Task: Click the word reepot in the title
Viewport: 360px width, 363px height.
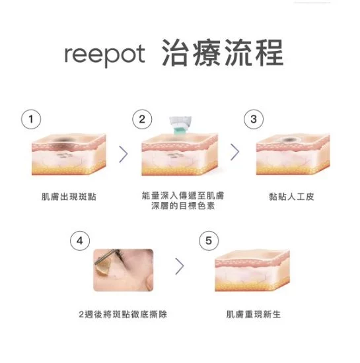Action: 104,55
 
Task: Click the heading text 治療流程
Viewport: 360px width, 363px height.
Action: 223,53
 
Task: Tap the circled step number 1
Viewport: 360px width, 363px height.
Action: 28,119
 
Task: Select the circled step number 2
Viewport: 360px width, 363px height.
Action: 141,119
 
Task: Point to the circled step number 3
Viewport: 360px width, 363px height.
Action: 254,119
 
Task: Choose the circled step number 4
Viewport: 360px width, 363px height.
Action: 80,240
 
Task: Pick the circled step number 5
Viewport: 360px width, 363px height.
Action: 209,240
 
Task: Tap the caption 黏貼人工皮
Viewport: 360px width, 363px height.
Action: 291,197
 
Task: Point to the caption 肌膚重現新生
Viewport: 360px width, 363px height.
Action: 254,314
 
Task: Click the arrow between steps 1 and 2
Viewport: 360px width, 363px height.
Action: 123,152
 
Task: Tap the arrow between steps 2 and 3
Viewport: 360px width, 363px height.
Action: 234,152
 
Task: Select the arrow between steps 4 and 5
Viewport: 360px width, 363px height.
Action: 178,267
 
